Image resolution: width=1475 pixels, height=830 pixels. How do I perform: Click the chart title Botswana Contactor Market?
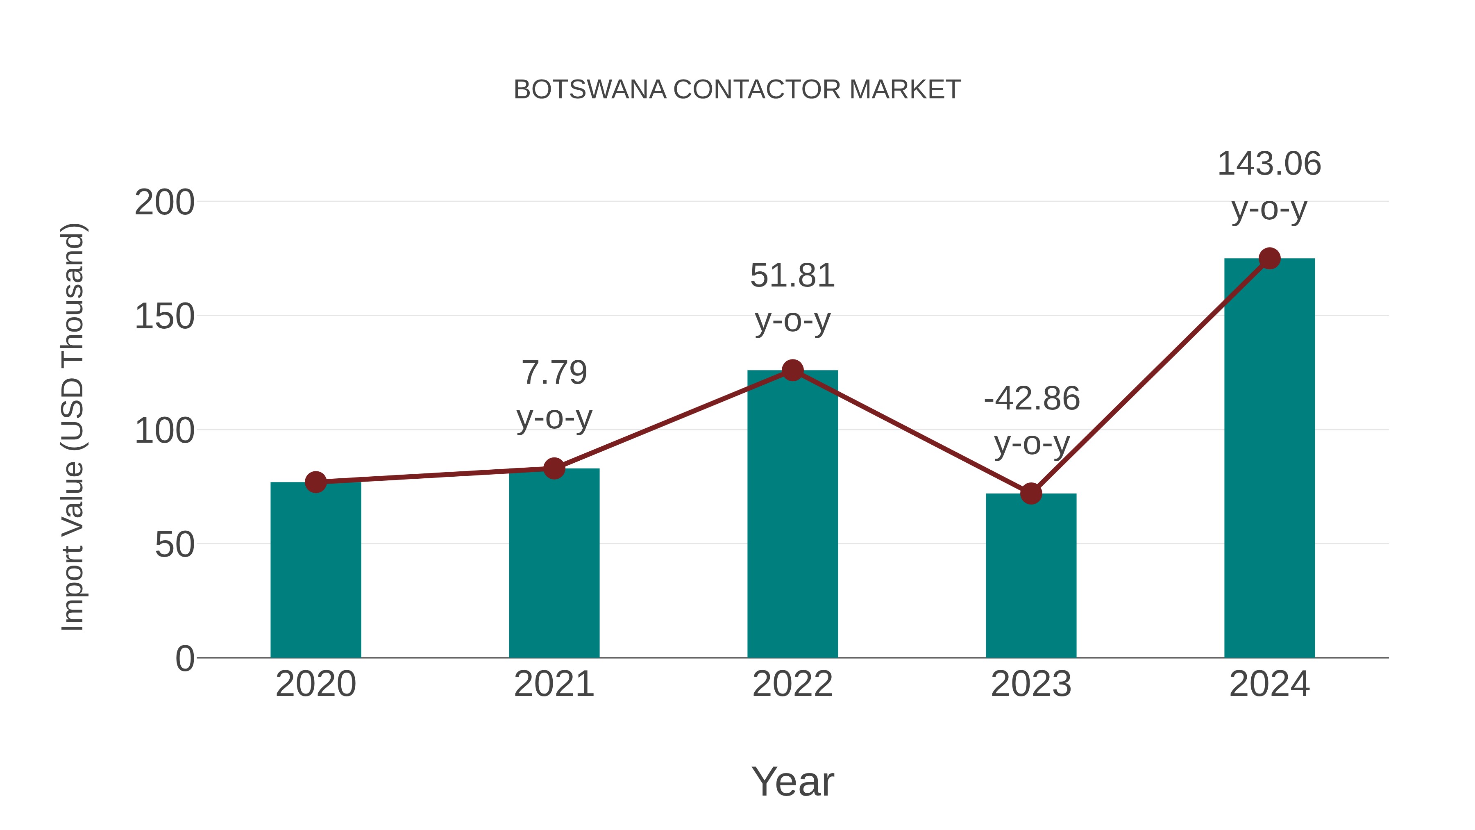[737, 90]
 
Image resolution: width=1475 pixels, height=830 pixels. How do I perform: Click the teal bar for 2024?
[1269, 458]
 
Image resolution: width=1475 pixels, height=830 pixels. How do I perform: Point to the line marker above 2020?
[315, 482]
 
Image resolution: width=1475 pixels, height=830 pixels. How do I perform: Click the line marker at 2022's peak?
[792, 371]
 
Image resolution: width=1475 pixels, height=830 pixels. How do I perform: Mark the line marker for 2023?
[1031, 493]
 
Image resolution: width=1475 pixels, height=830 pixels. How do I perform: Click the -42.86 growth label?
[1031, 399]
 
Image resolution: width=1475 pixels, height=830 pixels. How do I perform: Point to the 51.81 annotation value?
[792, 276]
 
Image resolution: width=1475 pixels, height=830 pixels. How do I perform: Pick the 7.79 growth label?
[554, 373]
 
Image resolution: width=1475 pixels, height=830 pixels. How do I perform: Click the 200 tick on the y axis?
[164, 203]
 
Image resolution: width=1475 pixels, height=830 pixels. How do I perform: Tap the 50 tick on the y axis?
[174, 545]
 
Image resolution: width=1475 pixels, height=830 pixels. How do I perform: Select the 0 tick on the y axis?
[184, 659]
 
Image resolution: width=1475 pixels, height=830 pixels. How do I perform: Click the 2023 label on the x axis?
[1031, 684]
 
